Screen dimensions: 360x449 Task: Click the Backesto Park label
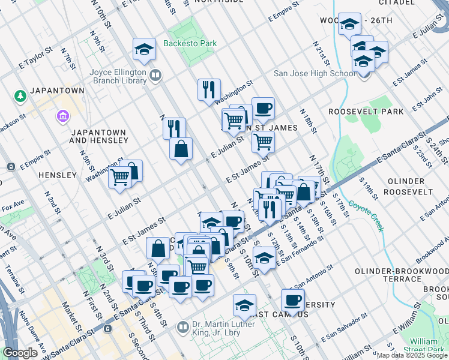pyautogui.click(x=190, y=44)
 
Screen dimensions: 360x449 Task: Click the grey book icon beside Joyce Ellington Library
pyautogui.click(x=155, y=75)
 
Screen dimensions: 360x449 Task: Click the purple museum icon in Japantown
pyautogui.click(x=61, y=115)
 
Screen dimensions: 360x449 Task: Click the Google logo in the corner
pyautogui.click(x=20, y=353)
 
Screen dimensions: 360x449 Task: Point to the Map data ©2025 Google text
pyautogui.click(x=411, y=355)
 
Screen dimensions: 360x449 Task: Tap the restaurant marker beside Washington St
pyautogui.click(x=209, y=90)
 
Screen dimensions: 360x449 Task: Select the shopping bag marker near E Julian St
pyautogui.click(x=181, y=148)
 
